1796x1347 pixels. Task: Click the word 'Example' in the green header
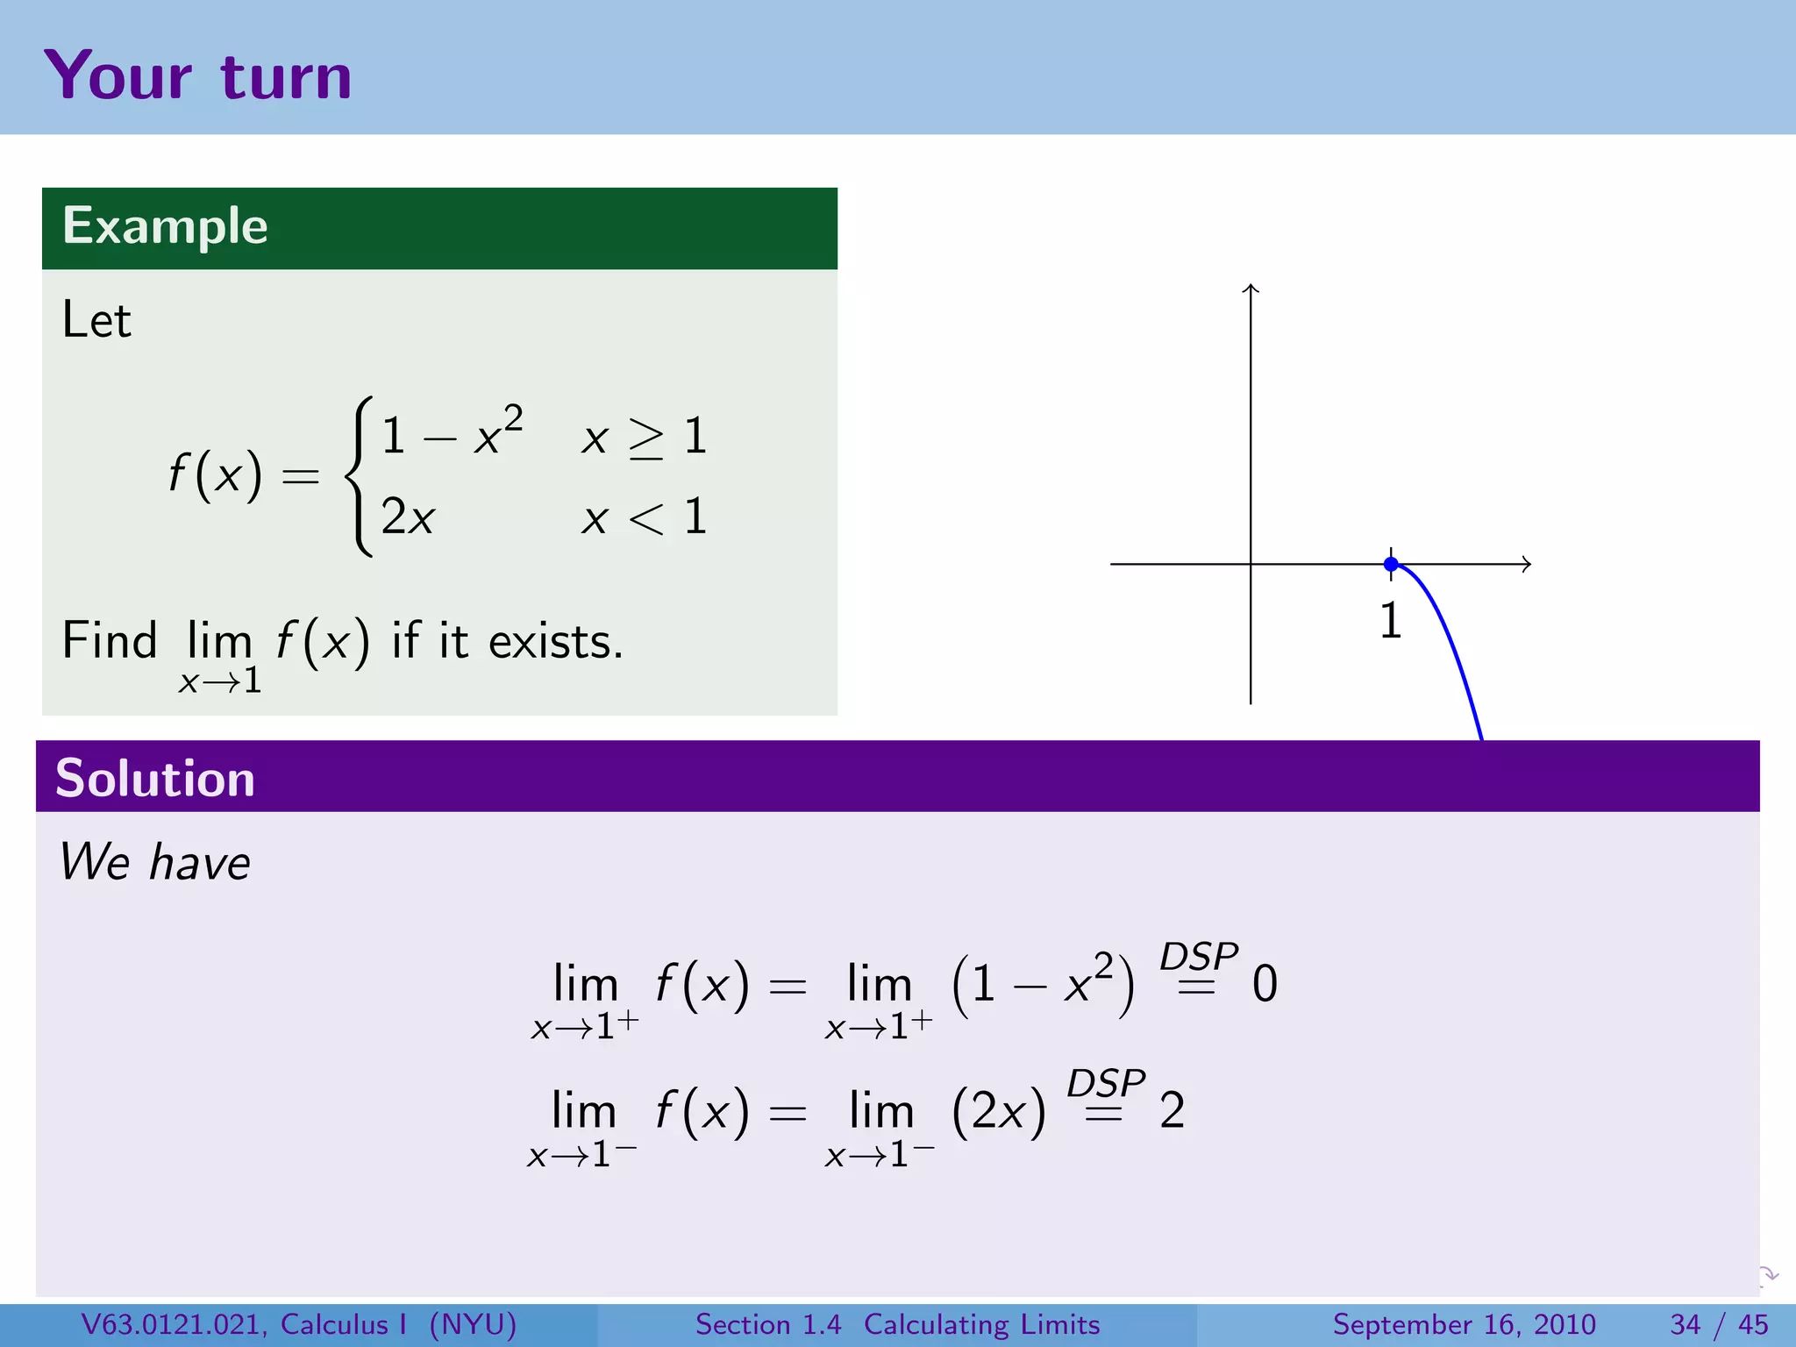[x=165, y=226]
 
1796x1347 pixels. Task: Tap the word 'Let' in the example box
[x=96, y=320]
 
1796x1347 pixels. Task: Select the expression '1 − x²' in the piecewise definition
[x=453, y=433]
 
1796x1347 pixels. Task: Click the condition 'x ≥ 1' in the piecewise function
[x=644, y=437]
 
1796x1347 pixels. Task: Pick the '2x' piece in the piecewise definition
[x=408, y=517]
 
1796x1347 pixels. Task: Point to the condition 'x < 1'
[x=644, y=517]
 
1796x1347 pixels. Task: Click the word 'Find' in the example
[x=110, y=640]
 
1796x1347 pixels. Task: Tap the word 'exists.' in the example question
[x=556, y=642]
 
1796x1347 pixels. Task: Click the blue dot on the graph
[x=1391, y=564]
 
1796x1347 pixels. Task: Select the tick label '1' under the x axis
[x=1390, y=621]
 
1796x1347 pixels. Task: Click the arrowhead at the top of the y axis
[x=1251, y=288]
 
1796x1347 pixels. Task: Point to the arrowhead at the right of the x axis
[x=1527, y=564]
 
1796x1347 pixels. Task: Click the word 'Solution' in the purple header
[x=155, y=778]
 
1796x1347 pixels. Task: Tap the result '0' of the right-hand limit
[x=1265, y=984]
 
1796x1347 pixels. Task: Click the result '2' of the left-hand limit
[x=1172, y=1111]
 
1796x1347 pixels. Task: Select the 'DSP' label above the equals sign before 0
[x=1199, y=956]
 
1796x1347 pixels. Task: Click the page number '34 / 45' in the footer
[x=1719, y=1324]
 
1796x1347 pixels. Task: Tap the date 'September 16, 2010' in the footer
[x=1464, y=1324]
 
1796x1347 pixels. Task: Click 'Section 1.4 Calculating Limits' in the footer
[x=897, y=1324]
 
